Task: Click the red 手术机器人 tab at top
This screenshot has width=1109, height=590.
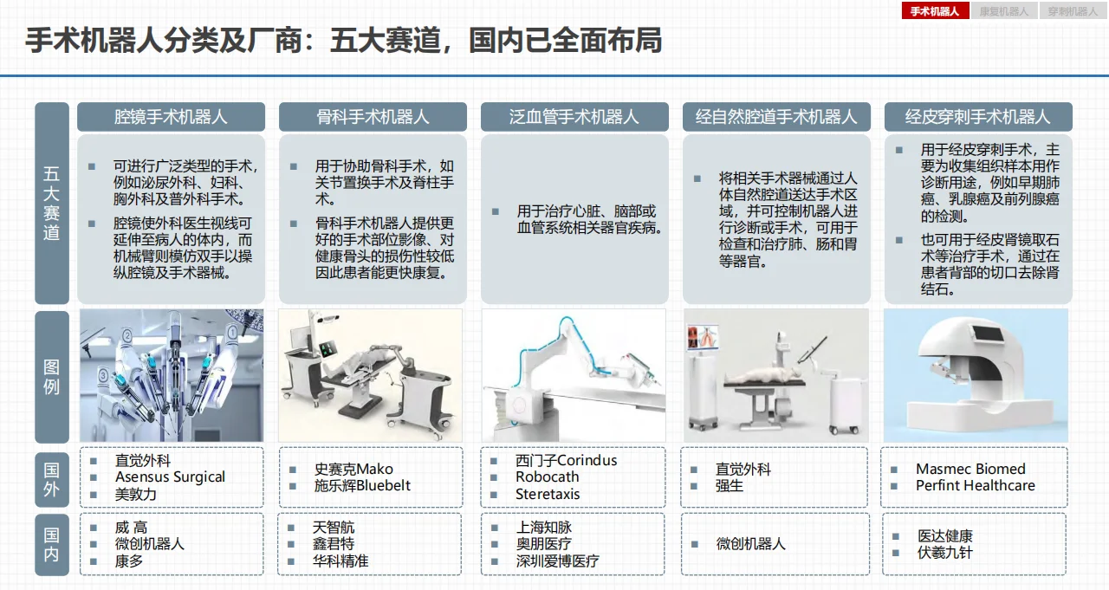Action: pyautogui.click(x=935, y=11)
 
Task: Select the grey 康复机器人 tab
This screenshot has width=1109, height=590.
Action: pyautogui.click(x=1003, y=11)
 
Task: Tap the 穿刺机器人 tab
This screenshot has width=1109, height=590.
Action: pyautogui.click(x=1072, y=11)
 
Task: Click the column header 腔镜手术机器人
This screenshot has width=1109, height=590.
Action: pyautogui.click(x=171, y=116)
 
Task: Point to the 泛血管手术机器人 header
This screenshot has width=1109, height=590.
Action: pyautogui.click(x=574, y=116)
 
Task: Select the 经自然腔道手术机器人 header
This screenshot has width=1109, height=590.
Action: pyautogui.click(x=775, y=116)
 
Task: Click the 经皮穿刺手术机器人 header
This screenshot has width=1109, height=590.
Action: pyautogui.click(x=977, y=116)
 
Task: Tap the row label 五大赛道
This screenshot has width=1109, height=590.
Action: pyautogui.click(x=51, y=204)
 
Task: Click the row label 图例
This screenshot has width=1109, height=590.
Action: pyautogui.click(x=51, y=377)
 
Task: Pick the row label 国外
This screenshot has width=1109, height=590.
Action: pyautogui.click(x=51, y=478)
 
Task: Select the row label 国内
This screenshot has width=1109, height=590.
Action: pyautogui.click(x=51, y=544)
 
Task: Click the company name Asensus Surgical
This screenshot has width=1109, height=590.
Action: pyautogui.click(x=170, y=477)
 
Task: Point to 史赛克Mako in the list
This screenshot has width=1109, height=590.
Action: pyautogui.click(x=353, y=470)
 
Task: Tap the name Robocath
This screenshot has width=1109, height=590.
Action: pyautogui.click(x=547, y=477)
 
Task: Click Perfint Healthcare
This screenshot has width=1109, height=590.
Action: pyautogui.click(x=975, y=486)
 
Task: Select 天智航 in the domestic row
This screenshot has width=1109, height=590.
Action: pyautogui.click(x=334, y=528)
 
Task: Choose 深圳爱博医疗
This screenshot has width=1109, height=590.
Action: pyautogui.click(x=557, y=561)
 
